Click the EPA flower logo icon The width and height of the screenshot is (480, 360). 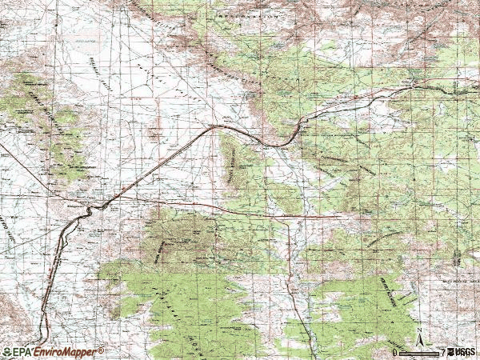[x=6, y=352]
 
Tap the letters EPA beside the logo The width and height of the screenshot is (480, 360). [x=22, y=352]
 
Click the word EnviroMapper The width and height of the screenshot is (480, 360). [x=65, y=352]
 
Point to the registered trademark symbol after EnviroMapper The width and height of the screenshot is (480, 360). [x=101, y=350]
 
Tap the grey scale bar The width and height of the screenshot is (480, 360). [x=418, y=352]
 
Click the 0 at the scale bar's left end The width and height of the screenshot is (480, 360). [x=395, y=352]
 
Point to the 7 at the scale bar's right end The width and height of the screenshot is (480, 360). [x=442, y=352]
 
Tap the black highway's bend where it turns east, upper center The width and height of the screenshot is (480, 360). [x=216, y=126]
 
